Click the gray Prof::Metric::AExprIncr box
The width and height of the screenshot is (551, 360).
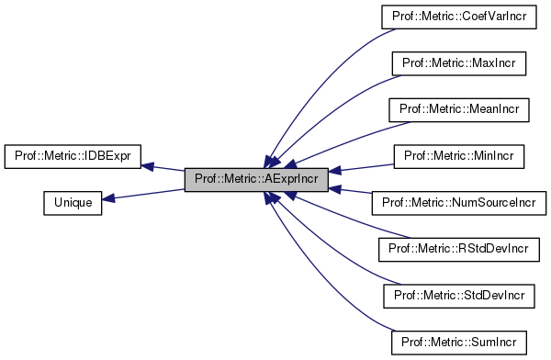click(x=255, y=179)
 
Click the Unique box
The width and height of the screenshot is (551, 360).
click(x=72, y=201)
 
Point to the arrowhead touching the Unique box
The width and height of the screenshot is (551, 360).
click(x=107, y=197)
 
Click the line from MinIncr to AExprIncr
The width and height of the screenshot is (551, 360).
click(x=363, y=166)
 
